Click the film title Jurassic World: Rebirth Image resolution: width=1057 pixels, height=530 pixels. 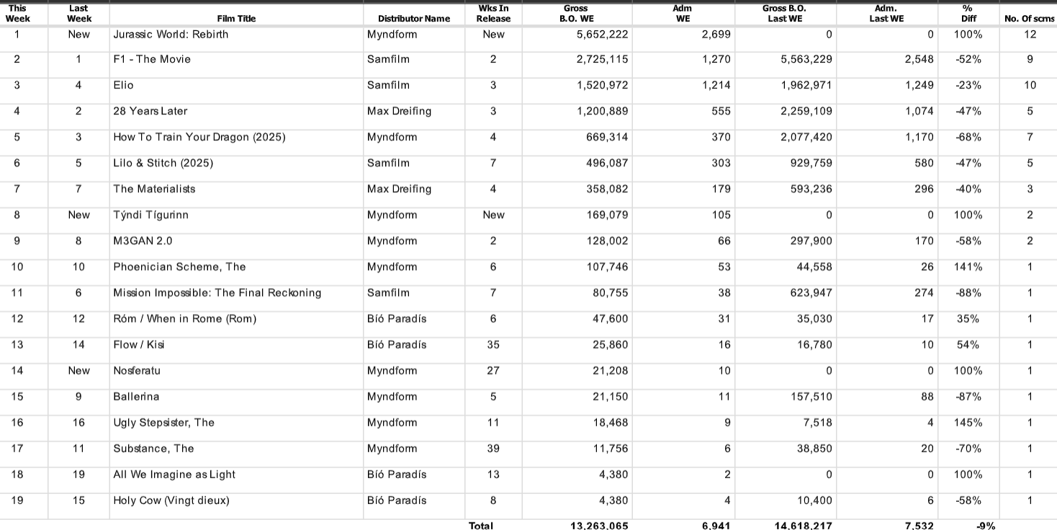pyautogui.click(x=171, y=34)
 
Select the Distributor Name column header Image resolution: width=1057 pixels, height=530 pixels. pyautogui.click(x=414, y=19)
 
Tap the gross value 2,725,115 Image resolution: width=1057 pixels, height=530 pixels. pyautogui.click(x=602, y=60)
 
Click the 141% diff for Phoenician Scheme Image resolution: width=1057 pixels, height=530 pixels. pyautogui.click(x=968, y=267)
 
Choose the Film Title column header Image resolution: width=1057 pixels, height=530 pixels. pyautogui.click(x=236, y=19)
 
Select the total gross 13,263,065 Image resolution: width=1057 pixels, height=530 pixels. pyautogui.click(x=599, y=525)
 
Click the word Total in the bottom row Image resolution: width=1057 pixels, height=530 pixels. pyautogui.click(x=481, y=525)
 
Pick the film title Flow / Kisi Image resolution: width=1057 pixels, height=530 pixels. pyautogui.click(x=139, y=345)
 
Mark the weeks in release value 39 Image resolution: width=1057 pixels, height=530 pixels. pyautogui.click(x=493, y=449)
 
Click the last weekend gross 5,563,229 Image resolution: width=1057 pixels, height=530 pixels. pyautogui.click(x=806, y=60)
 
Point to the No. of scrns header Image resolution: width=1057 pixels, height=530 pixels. pyautogui.click(x=1030, y=19)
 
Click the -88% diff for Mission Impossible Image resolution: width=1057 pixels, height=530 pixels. pyautogui.click(x=968, y=293)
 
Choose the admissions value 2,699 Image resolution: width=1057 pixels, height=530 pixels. pyautogui.click(x=716, y=34)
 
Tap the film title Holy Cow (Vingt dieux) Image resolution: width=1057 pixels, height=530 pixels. pyautogui.click(x=171, y=500)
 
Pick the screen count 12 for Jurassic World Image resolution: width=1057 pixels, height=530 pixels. pyautogui.click(x=1030, y=34)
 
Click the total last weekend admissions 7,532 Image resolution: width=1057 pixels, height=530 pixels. pyautogui.click(x=919, y=525)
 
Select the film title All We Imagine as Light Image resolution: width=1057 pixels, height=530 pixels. pyautogui.click(x=174, y=475)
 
